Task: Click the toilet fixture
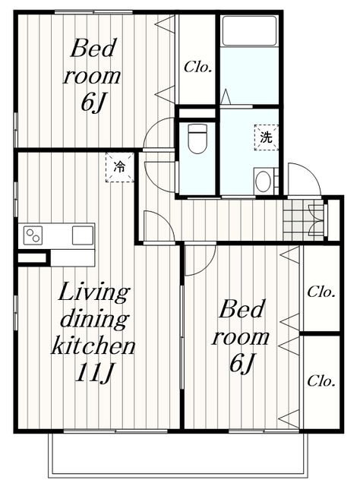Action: click(197, 138)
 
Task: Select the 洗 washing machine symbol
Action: click(266, 137)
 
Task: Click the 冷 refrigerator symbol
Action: click(120, 167)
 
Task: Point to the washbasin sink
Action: click(264, 181)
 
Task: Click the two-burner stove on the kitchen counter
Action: click(33, 235)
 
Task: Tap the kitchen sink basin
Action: click(83, 235)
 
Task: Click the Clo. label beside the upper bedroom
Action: click(197, 67)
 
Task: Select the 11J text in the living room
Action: click(94, 372)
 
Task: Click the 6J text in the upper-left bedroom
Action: click(91, 103)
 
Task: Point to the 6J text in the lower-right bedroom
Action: click(242, 363)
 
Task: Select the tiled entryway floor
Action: click(303, 219)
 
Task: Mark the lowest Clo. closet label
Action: click(321, 381)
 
